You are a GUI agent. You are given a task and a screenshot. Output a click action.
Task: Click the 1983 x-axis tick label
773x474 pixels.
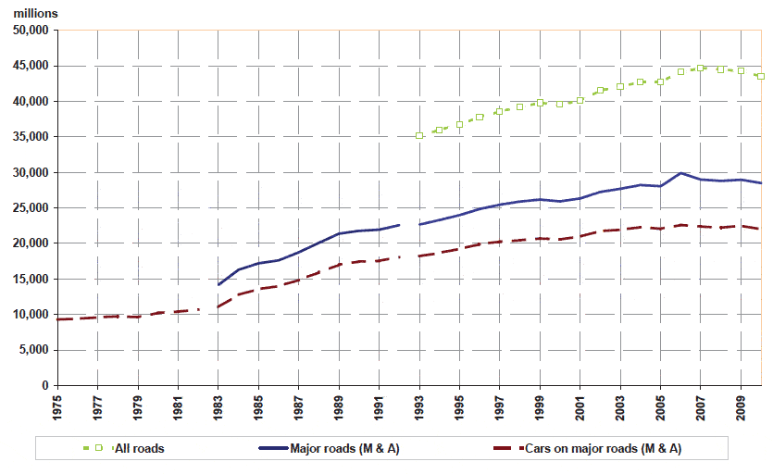coord(218,407)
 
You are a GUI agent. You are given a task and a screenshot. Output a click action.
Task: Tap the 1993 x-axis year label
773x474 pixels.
coord(419,407)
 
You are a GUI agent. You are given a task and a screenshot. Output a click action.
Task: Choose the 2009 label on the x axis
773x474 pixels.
coord(741,407)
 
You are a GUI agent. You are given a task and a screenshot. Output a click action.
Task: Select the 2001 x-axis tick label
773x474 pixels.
coord(580,407)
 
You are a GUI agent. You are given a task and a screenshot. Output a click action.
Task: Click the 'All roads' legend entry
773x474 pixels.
coord(139,449)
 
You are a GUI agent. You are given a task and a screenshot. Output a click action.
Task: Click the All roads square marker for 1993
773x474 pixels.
coord(419,135)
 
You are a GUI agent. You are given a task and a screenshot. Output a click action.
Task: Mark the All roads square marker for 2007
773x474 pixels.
coord(701,68)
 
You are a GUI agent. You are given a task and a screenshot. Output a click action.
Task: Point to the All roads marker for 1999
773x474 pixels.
coord(540,103)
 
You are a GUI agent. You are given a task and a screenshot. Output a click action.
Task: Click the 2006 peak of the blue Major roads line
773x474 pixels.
coord(681,173)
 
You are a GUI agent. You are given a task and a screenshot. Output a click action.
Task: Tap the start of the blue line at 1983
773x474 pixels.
coord(218,284)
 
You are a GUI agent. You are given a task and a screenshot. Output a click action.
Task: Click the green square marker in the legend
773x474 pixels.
coord(98,449)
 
